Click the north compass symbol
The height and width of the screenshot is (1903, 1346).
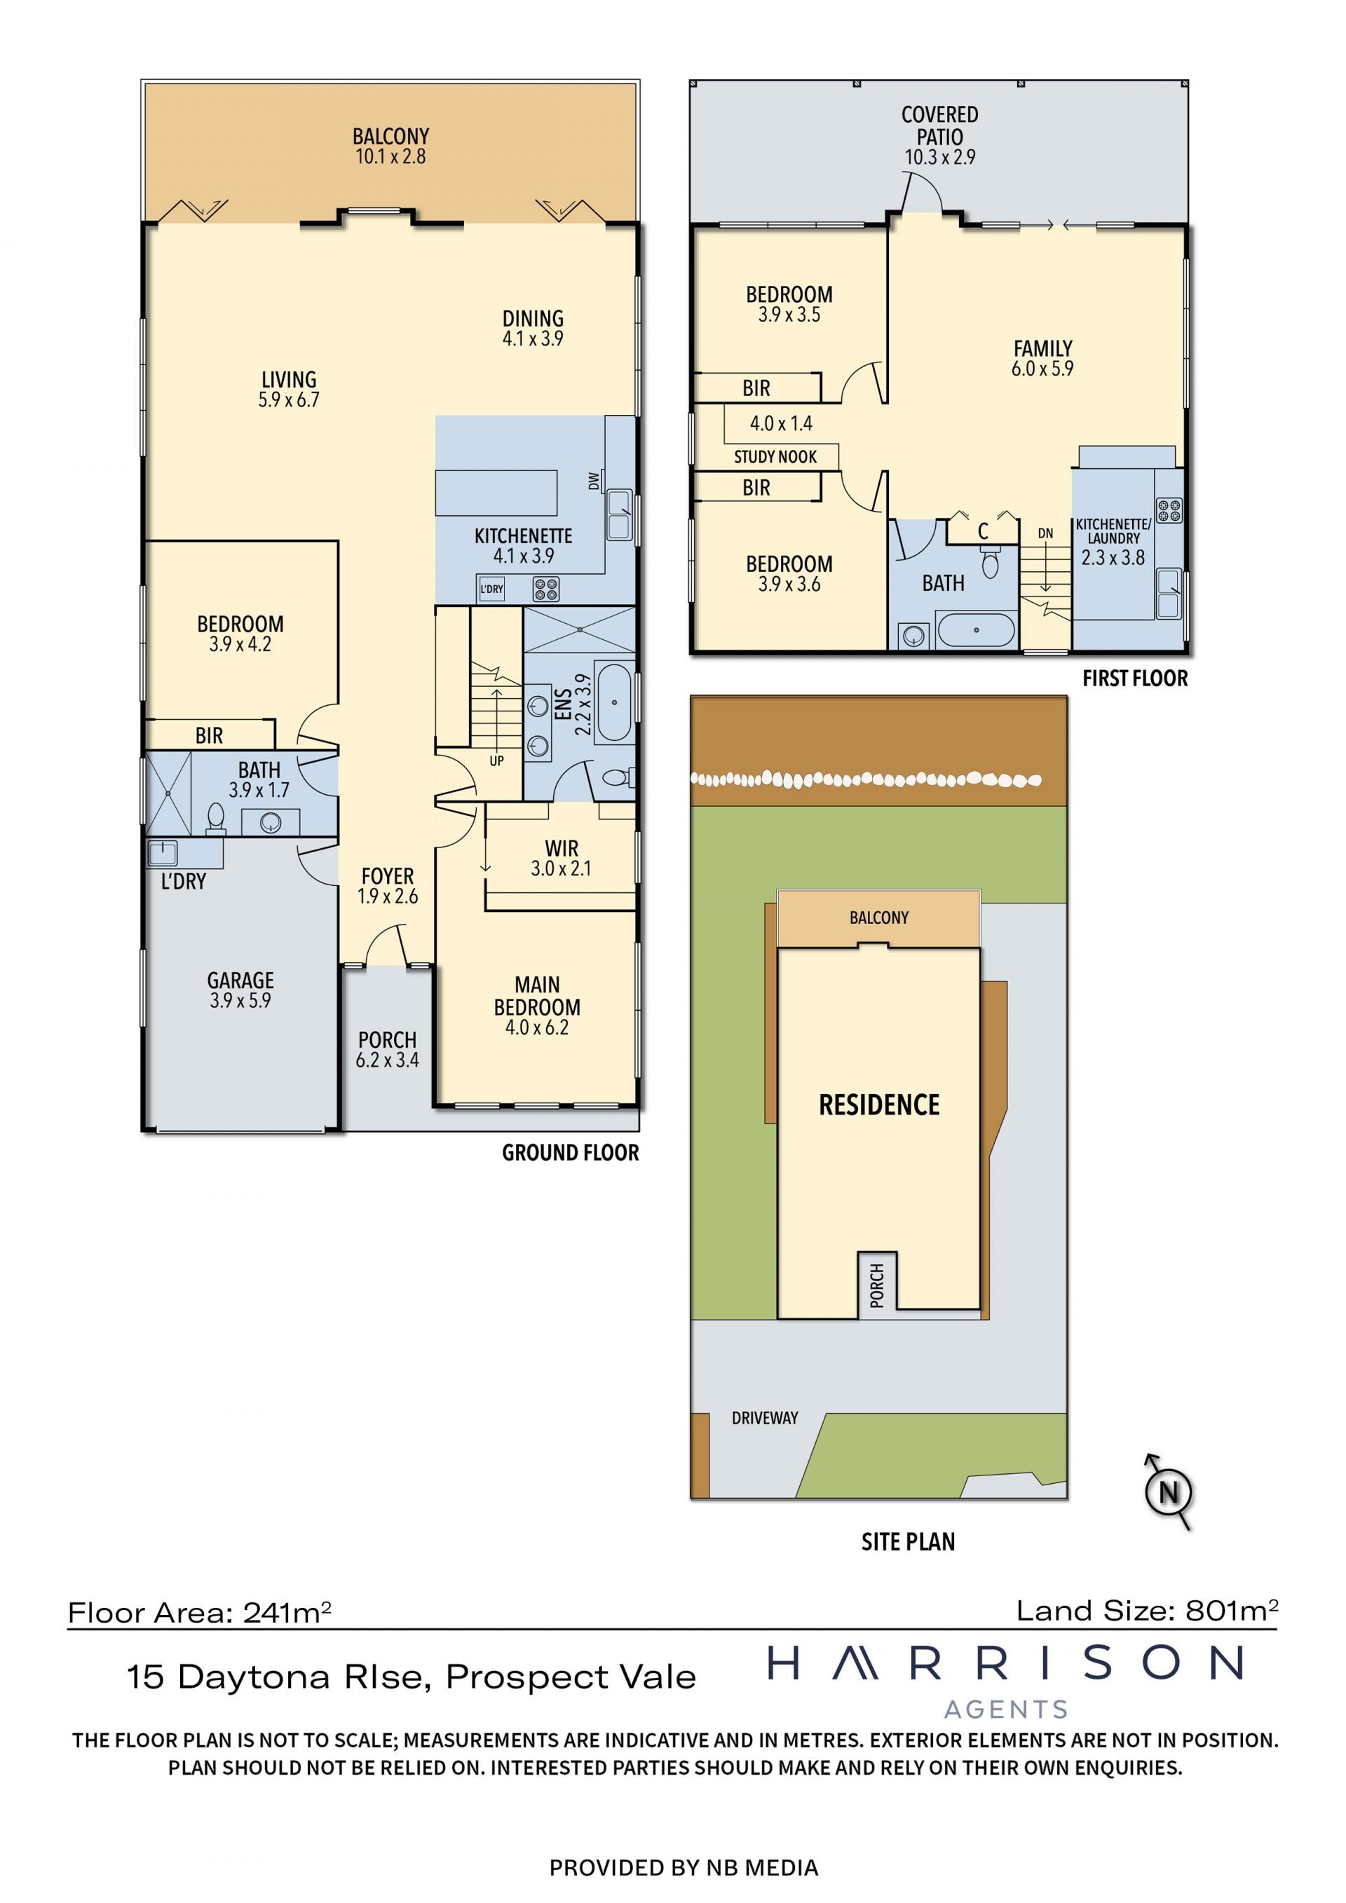tap(1169, 1492)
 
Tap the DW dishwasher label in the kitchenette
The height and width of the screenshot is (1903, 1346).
tap(594, 481)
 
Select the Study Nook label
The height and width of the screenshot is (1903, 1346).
tap(775, 457)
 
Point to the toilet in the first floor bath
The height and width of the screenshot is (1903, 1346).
tap(990, 563)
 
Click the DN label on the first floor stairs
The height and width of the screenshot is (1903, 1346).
tap(1046, 534)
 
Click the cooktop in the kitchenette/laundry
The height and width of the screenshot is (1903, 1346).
tap(1169, 510)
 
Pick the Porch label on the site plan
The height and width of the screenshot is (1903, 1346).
tap(877, 1285)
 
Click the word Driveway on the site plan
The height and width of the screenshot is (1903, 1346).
tap(764, 1417)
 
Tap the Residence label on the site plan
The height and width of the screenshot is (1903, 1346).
tap(879, 1105)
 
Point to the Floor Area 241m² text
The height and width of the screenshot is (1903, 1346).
tap(200, 1612)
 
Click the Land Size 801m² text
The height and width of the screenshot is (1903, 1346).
tap(1147, 1611)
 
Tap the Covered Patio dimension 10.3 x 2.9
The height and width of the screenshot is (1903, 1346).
tap(940, 156)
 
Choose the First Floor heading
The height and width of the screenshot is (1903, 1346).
tap(1135, 678)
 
